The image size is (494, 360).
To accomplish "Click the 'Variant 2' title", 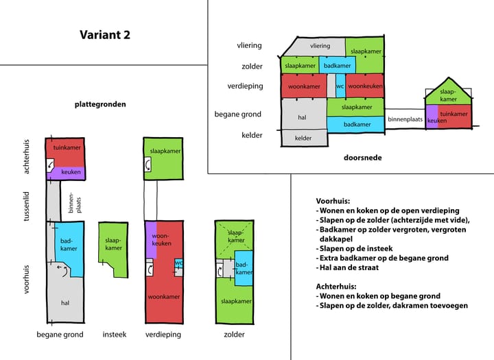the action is [105, 35].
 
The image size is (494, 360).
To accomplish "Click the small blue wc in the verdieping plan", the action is [178, 263].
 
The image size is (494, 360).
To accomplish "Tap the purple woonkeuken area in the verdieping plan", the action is [152, 240].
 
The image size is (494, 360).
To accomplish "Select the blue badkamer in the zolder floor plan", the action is [244, 268].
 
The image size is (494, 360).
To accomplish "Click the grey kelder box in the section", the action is [304, 139].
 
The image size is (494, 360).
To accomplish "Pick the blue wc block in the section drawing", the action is [340, 86].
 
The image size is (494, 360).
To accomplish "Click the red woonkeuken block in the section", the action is [365, 86].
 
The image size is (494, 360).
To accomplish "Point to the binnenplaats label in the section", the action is [405, 119].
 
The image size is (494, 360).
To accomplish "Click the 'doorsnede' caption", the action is [363, 158].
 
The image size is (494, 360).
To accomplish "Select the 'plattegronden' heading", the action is [100, 104].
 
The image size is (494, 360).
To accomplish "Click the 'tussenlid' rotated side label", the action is [27, 206].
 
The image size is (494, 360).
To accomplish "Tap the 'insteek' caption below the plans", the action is [115, 335].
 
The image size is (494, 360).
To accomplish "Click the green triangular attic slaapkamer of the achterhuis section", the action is [448, 94].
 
